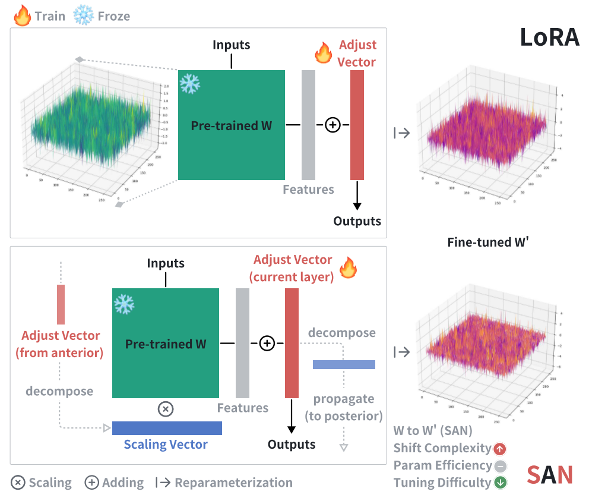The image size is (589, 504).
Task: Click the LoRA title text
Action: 549,37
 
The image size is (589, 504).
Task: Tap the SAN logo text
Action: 550,475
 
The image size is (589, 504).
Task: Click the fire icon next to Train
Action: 22,15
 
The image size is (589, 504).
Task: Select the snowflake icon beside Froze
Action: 84,15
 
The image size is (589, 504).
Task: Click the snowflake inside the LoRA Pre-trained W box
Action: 190,83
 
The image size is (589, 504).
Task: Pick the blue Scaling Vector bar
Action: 167,428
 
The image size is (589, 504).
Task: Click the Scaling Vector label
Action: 166,445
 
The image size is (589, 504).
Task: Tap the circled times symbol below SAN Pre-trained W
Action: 166,409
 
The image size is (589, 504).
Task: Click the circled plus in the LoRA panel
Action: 333,125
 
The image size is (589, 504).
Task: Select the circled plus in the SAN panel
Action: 267,344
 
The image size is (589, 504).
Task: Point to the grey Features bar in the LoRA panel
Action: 308,125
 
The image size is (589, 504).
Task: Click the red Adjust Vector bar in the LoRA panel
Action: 357,125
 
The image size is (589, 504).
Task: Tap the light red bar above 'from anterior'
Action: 61,304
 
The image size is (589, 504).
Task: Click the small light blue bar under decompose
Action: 344,364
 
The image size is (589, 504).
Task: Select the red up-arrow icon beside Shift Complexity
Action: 500,449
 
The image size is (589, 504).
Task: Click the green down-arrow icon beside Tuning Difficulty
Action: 500,483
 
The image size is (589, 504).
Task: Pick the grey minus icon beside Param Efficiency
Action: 500,466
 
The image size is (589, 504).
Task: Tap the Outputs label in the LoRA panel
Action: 357,221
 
